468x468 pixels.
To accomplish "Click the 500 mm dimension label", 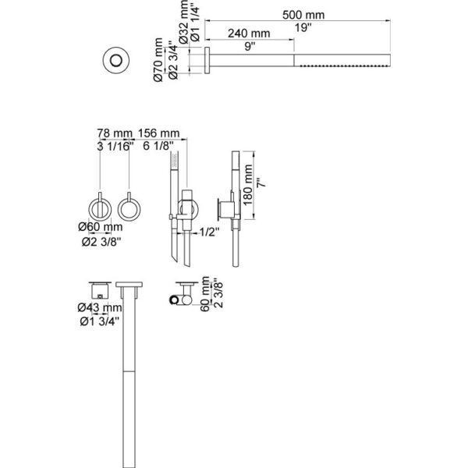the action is click(x=303, y=15).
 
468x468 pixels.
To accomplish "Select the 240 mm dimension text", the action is click(x=249, y=33).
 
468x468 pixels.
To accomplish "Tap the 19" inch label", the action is click(x=303, y=27).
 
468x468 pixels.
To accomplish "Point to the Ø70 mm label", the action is click(x=158, y=60).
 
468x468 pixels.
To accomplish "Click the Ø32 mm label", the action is click(x=184, y=22).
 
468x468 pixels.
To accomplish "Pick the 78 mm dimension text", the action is click(x=115, y=133).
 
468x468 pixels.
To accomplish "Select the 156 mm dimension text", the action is click(x=158, y=133).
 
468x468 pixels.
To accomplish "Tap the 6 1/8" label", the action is click(x=158, y=146).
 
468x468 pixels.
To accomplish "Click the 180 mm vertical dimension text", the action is click(x=248, y=185).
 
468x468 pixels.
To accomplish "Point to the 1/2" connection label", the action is click(x=209, y=232).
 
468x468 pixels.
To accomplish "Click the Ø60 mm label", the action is click(x=101, y=227).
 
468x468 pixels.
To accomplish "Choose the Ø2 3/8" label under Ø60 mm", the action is click(x=101, y=242).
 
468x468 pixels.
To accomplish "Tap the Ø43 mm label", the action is click(x=100, y=307).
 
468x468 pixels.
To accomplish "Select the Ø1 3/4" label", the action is click(x=100, y=321).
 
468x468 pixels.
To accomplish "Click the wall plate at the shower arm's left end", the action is click(x=207, y=60).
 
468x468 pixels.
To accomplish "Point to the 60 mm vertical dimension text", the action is click(x=205, y=294).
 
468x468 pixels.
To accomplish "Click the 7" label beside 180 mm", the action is click(x=261, y=183).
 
